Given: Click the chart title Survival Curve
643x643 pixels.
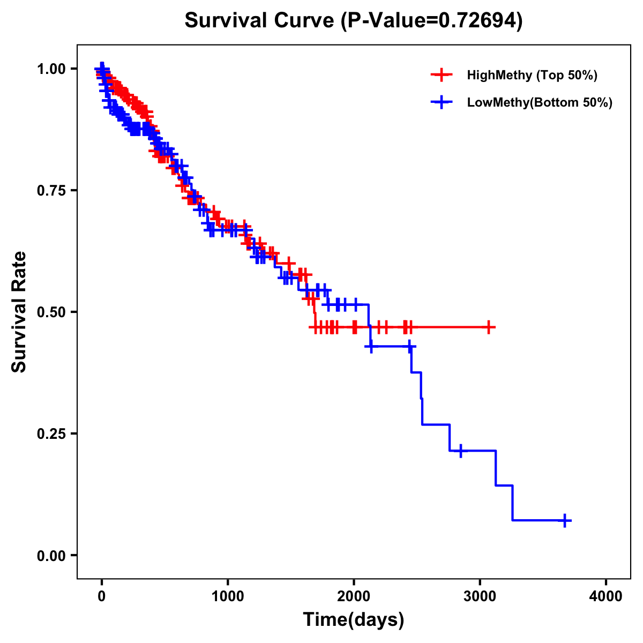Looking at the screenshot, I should click(353, 20).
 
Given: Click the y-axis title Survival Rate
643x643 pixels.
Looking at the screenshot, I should click(19, 312).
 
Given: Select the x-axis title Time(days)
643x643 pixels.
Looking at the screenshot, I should click(354, 620).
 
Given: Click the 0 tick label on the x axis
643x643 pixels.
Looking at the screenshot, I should click(102, 597).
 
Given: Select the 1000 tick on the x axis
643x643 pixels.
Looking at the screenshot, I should click(228, 597).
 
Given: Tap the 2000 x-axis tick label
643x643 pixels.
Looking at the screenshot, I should click(354, 597).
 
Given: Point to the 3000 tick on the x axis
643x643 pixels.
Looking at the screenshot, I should click(480, 597).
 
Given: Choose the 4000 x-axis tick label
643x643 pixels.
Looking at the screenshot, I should click(606, 597).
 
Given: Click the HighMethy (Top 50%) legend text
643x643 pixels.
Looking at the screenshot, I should click(532, 75).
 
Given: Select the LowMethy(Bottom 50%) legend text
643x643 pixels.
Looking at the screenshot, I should click(540, 102).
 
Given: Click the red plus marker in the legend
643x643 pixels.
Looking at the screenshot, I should click(441, 75).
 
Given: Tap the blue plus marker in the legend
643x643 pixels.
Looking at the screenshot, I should click(441, 102).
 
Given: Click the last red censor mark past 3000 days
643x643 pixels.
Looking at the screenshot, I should click(489, 327).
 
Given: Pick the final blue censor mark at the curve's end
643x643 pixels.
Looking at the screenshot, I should click(565, 520).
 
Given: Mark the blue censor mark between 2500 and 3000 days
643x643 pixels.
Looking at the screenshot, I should click(460, 451).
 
